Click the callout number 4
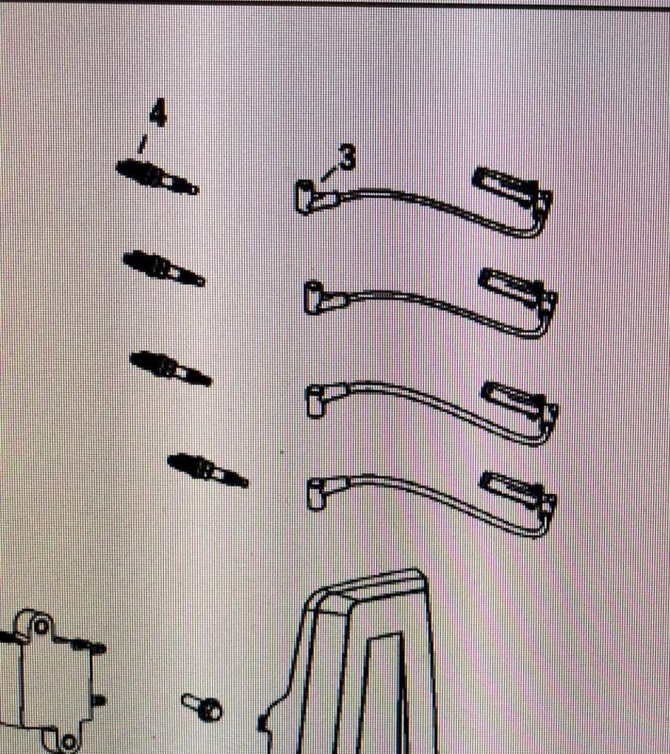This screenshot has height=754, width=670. tap(158, 113)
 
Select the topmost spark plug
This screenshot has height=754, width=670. tap(157, 177)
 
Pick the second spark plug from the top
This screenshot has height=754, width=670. tap(164, 268)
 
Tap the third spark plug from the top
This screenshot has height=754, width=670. tap(171, 369)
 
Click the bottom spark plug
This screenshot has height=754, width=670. tap(207, 470)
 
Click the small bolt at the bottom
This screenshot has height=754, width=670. tap(202, 707)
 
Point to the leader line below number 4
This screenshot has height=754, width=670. tap(141, 144)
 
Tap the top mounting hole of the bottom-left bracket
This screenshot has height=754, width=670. tap(41, 626)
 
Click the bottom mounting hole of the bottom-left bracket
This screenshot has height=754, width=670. tap(69, 741)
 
